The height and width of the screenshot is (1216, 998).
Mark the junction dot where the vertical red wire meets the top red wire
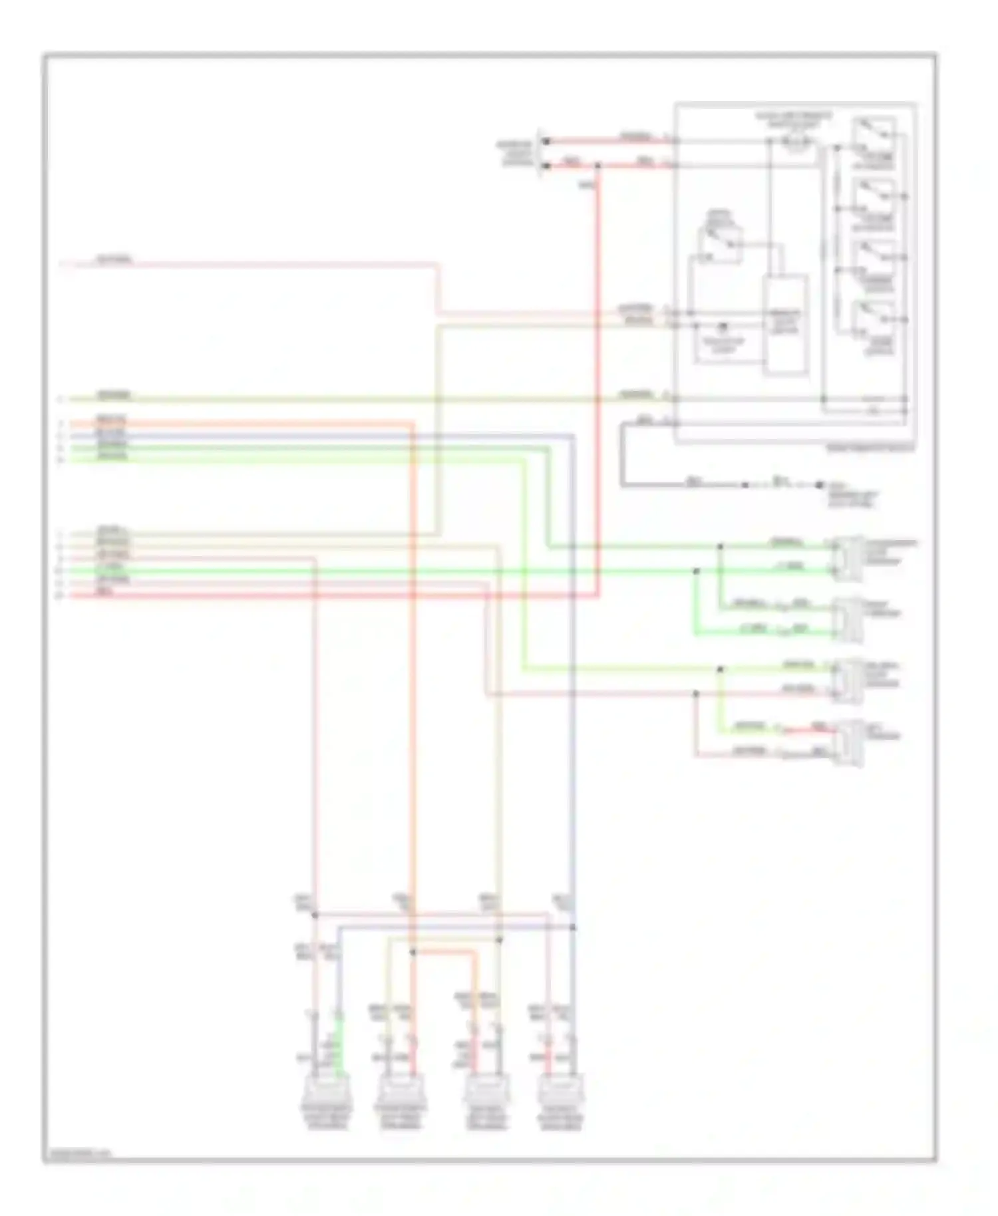597,165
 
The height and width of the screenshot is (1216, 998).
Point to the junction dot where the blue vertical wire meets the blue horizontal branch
573,927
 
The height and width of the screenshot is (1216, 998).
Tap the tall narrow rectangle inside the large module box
785,324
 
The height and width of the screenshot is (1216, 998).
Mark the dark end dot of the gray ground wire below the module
820,485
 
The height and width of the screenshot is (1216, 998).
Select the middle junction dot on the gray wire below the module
745,485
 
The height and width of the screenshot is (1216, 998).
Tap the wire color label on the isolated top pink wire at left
114,259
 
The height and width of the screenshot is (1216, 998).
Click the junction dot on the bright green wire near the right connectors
696,571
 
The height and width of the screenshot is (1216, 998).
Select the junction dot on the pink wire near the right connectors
696,694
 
